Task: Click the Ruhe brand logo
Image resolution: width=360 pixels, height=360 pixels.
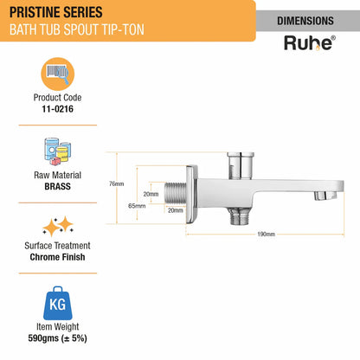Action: click(x=310, y=43)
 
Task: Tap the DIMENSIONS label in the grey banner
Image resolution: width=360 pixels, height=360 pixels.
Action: click(x=305, y=21)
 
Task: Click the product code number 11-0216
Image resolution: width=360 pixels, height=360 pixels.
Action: click(x=57, y=109)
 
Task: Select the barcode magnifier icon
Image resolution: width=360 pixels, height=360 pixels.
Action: click(x=58, y=74)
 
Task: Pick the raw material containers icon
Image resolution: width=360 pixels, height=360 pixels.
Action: click(x=58, y=151)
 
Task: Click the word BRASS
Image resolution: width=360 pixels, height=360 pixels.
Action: click(x=57, y=186)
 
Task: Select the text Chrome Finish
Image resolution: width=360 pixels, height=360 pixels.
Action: click(x=57, y=257)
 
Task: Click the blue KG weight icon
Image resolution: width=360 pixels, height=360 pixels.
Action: click(x=58, y=303)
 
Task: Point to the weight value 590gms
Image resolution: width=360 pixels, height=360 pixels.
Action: click(x=43, y=338)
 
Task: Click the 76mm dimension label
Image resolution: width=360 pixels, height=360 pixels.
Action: click(x=117, y=183)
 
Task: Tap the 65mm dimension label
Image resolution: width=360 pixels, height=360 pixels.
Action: click(x=137, y=206)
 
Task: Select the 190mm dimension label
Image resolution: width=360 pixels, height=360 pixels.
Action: click(x=266, y=234)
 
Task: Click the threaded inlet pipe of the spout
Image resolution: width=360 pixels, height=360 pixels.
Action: click(x=175, y=192)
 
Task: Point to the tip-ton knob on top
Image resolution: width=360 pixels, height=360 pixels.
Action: click(x=241, y=165)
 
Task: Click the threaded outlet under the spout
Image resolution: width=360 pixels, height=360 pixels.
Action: click(x=240, y=216)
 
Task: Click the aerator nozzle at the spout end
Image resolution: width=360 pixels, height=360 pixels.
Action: click(x=325, y=196)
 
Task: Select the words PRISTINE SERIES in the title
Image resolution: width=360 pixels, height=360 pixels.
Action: click(x=56, y=12)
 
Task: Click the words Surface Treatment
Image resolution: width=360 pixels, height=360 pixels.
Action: click(x=57, y=246)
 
